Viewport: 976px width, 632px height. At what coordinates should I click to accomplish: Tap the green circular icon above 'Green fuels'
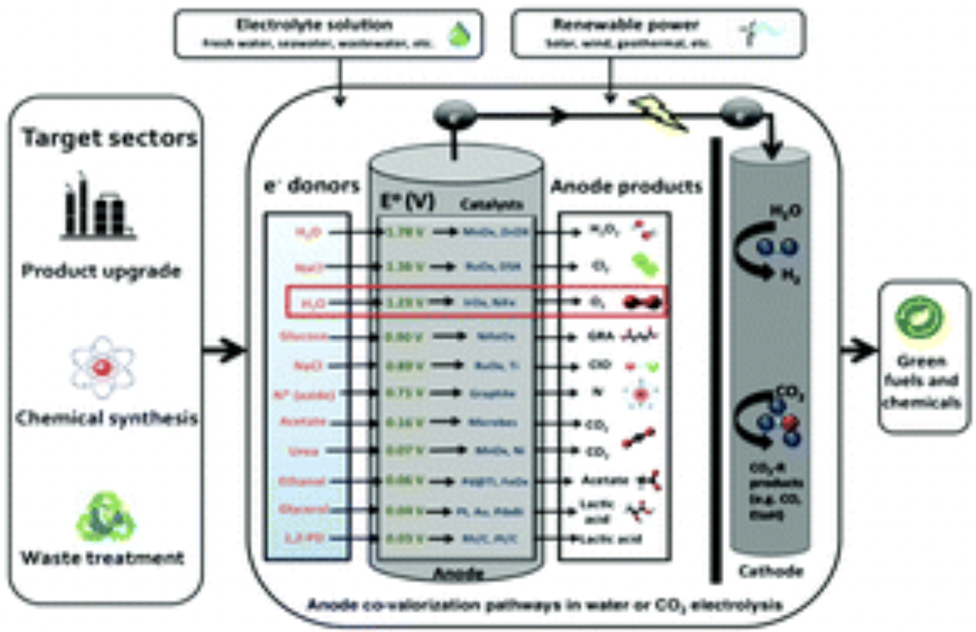(x=921, y=319)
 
